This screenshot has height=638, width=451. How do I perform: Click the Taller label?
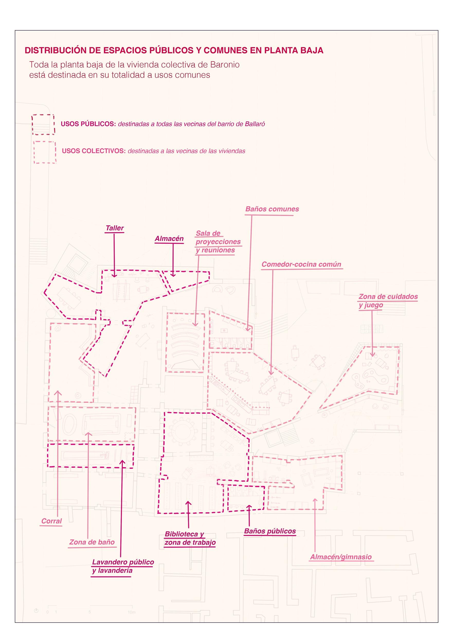(x=114, y=228)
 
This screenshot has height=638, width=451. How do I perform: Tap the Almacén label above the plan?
(x=169, y=239)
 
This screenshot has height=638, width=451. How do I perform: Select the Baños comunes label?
(x=272, y=209)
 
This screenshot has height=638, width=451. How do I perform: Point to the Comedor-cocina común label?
(x=301, y=264)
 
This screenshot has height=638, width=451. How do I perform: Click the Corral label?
(x=51, y=521)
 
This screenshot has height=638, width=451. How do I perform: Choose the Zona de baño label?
(x=92, y=542)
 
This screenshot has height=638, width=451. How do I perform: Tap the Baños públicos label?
(x=270, y=531)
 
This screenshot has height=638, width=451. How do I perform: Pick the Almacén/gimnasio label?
(x=341, y=557)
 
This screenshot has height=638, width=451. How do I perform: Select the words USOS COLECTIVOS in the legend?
(x=94, y=151)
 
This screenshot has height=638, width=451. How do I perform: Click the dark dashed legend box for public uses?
(x=43, y=124)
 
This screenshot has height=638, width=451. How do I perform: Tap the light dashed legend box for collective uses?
(x=44, y=152)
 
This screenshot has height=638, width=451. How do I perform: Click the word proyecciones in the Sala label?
(x=218, y=242)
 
